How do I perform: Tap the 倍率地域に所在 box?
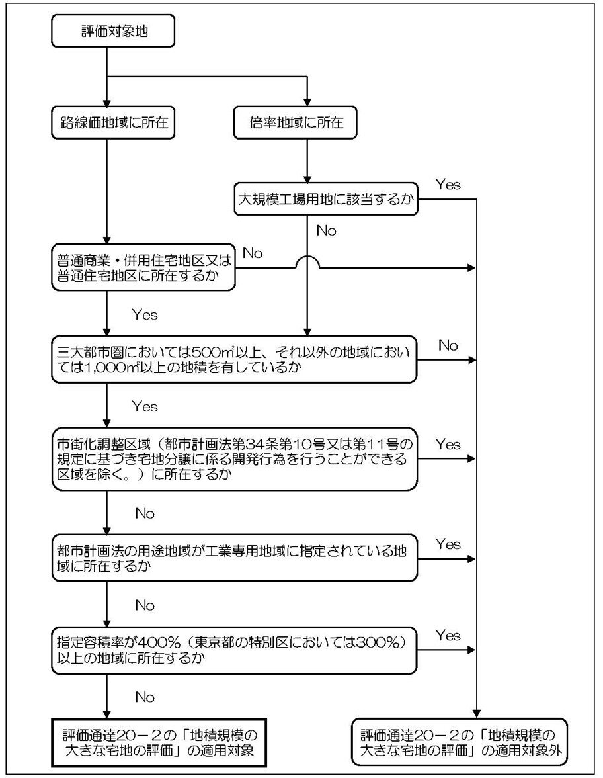point(306,123)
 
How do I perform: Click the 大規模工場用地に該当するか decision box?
point(328,200)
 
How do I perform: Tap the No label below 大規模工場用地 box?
point(326,230)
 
